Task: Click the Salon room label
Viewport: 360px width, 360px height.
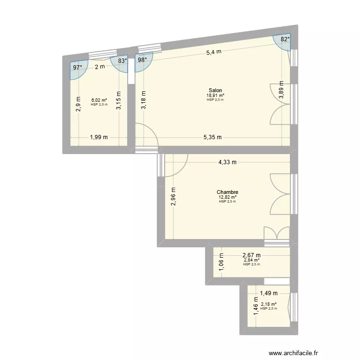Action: click(215, 90)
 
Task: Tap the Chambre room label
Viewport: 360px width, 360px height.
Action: click(228, 192)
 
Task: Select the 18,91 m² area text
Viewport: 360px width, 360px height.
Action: click(216, 95)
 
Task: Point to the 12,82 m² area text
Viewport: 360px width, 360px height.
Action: click(228, 197)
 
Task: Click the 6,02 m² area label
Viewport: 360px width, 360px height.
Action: click(99, 100)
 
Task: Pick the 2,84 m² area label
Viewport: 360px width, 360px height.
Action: click(252, 260)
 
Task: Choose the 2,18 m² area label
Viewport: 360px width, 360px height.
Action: click(269, 304)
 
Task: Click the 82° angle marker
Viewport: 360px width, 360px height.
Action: click(285, 40)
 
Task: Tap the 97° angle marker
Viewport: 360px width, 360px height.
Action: click(77, 68)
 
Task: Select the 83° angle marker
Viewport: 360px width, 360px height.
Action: click(123, 61)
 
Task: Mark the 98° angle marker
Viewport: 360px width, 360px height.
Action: click(143, 60)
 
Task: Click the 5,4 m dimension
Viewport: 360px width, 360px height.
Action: click(214, 52)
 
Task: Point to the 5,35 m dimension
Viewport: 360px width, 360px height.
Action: click(212, 137)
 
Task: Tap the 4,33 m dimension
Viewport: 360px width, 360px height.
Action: click(228, 162)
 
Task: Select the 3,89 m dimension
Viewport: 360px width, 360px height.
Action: click(281, 90)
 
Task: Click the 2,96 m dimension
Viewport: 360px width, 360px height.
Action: click(174, 196)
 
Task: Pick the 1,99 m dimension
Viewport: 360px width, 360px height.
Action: click(98, 137)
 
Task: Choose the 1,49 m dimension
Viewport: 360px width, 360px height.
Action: click(269, 293)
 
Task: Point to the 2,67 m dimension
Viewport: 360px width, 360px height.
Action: click(252, 255)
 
